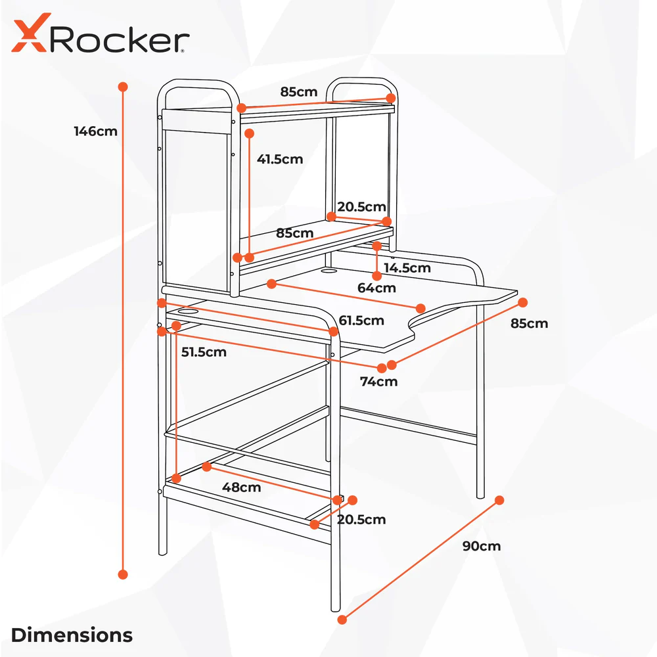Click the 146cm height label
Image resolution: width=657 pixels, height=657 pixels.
(x=96, y=131)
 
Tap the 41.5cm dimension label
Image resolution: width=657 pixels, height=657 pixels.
(x=280, y=159)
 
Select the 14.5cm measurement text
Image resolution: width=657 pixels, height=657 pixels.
(x=407, y=267)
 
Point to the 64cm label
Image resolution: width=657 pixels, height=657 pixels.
(x=376, y=287)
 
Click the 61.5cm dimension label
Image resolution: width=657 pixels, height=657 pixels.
(x=361, y=321)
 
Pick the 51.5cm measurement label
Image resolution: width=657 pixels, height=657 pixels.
(x=204, y=351)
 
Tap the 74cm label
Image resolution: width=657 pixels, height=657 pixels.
(x=378, y=381)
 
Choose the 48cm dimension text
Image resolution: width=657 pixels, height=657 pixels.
(x=242, y=487)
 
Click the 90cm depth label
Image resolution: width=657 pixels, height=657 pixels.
(x=482, y=546)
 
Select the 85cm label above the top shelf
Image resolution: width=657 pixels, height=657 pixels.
(x=299, y=91)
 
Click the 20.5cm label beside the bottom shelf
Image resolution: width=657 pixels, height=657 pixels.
(x=361, y=520)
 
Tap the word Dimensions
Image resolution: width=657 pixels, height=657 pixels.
(x=72, y=635)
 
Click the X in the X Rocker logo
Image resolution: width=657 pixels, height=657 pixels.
(x=30, y=35)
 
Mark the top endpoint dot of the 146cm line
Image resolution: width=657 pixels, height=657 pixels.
(x=122, y=87)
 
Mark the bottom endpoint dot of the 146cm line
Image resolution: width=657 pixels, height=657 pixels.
(x=122, y=574)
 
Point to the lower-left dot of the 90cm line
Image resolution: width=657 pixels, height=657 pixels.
(x=342, y=619)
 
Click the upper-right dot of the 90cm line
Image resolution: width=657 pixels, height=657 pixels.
(x=499, y=500)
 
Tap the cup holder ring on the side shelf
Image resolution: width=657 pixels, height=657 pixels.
(x=189, y=310)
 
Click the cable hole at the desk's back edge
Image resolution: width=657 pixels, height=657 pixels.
(x=328, y=269)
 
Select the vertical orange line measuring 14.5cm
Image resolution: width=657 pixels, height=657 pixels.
(x=376, y=261)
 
